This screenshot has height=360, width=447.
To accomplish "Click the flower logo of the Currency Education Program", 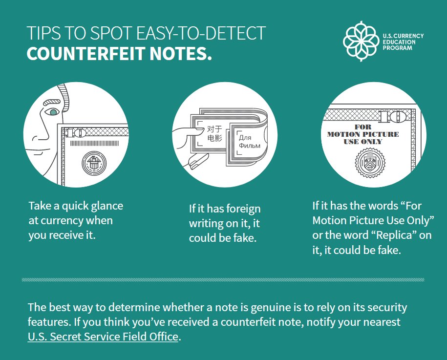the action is click(x=361, y=41).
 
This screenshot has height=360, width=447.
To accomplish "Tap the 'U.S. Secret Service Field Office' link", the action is click(x=103, y=337).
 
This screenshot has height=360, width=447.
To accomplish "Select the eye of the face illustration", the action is click(x=52, y=112).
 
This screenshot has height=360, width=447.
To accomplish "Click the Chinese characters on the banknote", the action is click(x=214, y=133).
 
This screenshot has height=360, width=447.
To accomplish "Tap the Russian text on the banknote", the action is click(x=249, y=142).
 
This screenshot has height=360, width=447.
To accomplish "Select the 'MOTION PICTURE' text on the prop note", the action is click(x=363, y=134).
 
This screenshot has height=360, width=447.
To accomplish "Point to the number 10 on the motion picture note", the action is click(x=394, y=116).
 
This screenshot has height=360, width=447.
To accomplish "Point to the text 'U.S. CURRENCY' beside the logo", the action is click(x=403, y=36).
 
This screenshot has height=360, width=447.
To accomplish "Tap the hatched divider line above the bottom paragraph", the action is click(x=223, y=280).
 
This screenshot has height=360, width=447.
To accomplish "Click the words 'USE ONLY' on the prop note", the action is click(x=363, y=142).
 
